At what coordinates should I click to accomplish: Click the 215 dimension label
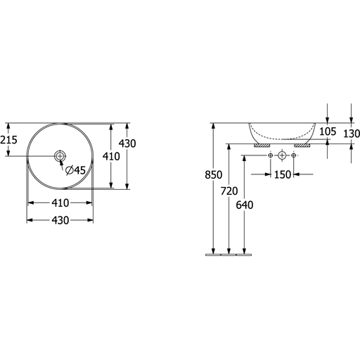point(8,140)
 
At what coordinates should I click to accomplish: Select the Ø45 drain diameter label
point(75,170)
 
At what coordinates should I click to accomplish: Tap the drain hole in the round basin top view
point(60,155)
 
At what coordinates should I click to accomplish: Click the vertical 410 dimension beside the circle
point(111,156)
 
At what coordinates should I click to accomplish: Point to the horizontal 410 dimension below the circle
point(60,203)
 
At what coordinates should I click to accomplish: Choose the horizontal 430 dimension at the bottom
point(60,220)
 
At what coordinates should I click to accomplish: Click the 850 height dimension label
point(213,175)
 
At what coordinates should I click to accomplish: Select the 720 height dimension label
point(229,191)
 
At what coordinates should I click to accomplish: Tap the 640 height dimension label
point(245,205)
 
